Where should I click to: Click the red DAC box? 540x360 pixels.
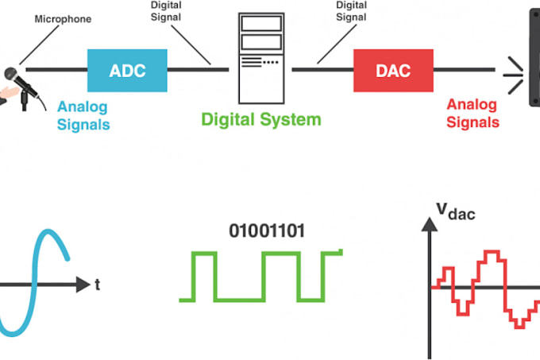pos(392,70)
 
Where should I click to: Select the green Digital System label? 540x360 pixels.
pos(260,120)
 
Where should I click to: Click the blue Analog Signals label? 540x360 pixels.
pos(83,115)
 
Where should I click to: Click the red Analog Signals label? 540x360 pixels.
pos(472,114)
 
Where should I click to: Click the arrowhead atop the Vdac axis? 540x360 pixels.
pos(429,224)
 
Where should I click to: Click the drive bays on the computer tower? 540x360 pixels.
pos(260,32)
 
